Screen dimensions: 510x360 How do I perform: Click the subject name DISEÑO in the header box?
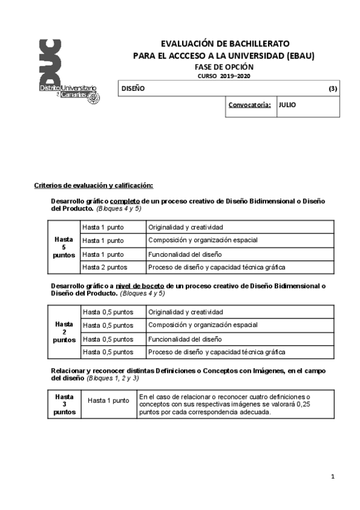[133, 88]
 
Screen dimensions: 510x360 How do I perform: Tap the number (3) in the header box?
[332, 88]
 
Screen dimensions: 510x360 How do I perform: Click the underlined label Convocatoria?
[249, 105]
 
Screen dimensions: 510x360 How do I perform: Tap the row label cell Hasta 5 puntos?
[64, 247]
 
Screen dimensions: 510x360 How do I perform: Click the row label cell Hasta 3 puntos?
[64, 404]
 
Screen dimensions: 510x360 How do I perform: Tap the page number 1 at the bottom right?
[332, 476]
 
